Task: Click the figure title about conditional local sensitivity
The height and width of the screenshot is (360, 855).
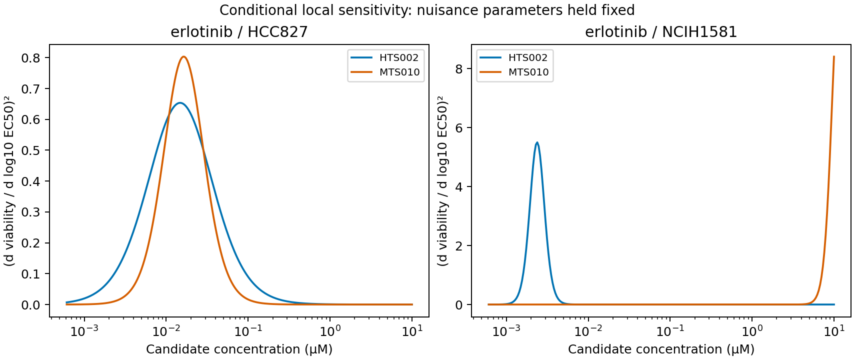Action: (x=427, y=10)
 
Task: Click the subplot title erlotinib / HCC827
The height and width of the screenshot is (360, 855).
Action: (x=239, y=32)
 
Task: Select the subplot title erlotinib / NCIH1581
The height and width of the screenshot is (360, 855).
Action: (x=661, y=32)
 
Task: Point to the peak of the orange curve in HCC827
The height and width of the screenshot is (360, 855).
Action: (x=184, y=57)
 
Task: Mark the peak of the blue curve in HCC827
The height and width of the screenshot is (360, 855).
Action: (x=179, y=102)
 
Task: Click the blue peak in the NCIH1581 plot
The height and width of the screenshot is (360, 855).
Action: (x=537, y=142)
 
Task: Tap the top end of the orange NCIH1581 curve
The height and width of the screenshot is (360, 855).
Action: (x=834, y=56)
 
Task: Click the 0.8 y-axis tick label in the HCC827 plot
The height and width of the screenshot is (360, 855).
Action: (x=30, y=58)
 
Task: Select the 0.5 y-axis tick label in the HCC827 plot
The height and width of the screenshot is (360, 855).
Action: (x=30, y=150)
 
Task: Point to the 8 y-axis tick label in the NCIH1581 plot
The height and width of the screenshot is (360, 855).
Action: (x=459, y=68)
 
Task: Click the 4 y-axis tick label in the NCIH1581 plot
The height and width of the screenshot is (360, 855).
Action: (x=459, y=186)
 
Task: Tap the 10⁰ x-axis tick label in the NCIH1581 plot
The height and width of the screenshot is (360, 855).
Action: (x=752, y=331)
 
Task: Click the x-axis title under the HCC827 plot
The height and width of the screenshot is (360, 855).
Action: (x=239, y=349)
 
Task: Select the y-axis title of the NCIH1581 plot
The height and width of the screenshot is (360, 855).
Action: (x=443, y=181)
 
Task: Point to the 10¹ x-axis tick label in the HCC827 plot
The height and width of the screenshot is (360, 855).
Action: (x=412, y=331)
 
